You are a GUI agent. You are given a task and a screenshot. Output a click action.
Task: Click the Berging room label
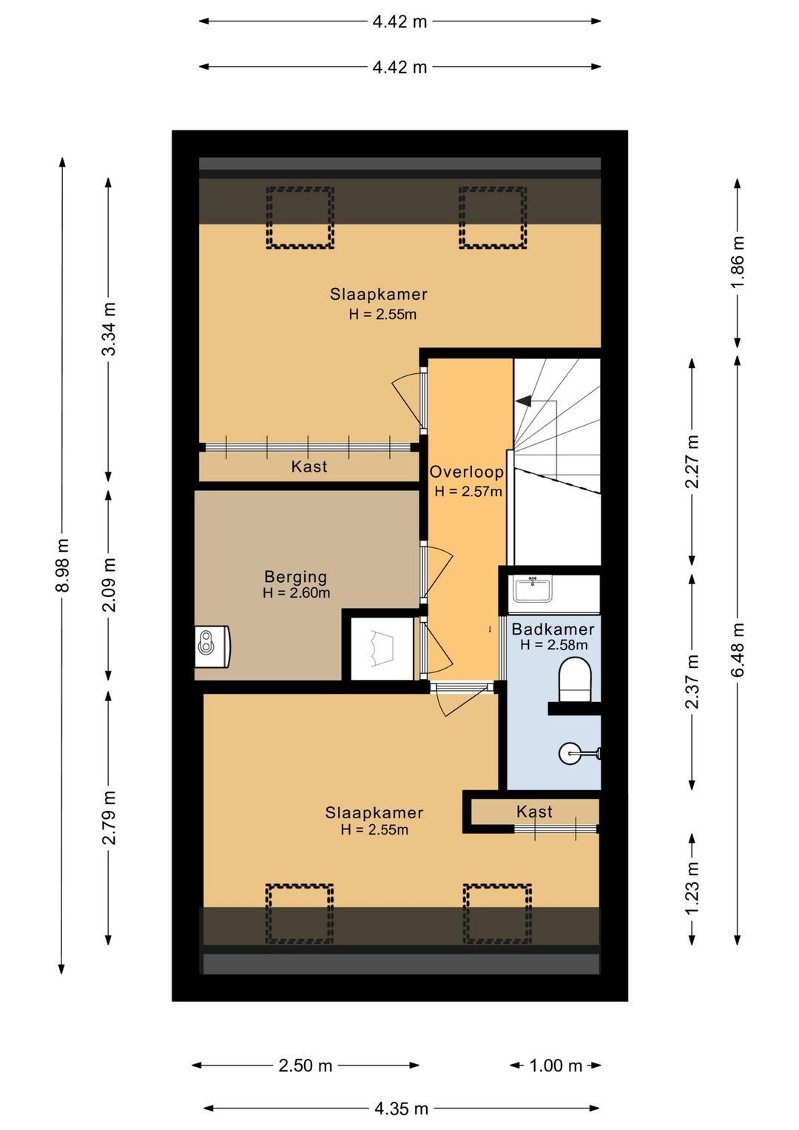[295, 576]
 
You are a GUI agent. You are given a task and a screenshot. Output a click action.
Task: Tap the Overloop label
[466, 472]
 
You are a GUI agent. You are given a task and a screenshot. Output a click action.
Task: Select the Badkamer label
[553, 629]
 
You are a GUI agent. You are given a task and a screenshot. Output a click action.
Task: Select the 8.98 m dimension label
[62, 565]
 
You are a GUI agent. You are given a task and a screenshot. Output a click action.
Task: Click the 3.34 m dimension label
[109, 329]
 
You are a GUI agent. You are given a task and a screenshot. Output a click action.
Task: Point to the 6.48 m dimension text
[738, 649]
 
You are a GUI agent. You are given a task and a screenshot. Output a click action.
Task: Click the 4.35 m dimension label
[401, 1109]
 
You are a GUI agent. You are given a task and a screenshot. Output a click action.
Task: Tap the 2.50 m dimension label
[306, 1066]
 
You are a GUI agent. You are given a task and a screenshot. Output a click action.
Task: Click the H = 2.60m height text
[297, 592]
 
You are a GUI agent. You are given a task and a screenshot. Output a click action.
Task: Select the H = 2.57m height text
[468, 491]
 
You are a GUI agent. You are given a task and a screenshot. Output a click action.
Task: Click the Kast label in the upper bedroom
[309, 466]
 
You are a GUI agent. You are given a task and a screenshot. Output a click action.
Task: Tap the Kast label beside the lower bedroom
[534, 811]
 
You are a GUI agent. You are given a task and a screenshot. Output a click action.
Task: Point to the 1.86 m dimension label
[738, 262]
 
